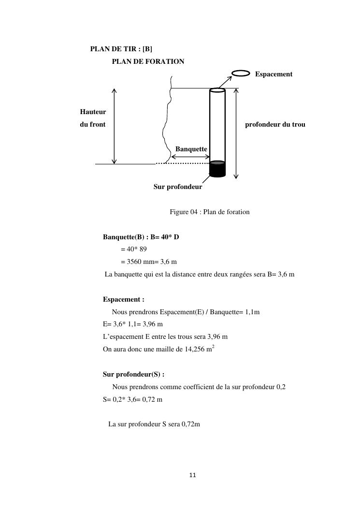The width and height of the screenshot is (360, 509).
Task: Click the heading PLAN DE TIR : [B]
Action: tap(121, 49)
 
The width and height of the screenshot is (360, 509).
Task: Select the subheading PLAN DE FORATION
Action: tap(148, 62)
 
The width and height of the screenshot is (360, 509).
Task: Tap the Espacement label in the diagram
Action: tap(274, 74)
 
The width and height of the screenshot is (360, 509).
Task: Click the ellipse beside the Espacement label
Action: tap(241, 73)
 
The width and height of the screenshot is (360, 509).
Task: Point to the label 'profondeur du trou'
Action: tap(275, 125)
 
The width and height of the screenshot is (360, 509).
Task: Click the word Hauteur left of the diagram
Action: tap(93, 112)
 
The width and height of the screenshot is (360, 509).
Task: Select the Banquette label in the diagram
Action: tap(191, 149)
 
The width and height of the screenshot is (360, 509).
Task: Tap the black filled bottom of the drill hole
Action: tap(217, 170)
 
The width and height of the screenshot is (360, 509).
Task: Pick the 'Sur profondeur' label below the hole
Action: tap(178, 187)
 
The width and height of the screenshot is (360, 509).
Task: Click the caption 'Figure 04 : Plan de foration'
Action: tap(209, 212)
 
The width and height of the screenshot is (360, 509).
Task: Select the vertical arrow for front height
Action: tap(115, 126)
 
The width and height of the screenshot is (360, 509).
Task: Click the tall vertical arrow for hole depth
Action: tap(236, 133)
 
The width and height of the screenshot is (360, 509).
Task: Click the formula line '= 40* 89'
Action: tap(134, 249)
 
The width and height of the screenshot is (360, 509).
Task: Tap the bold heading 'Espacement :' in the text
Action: tap(124, 300)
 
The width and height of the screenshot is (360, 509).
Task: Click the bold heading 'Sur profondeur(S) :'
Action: tap(133, 375)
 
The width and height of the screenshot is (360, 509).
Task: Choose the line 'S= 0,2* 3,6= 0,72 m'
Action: tap(132, 400)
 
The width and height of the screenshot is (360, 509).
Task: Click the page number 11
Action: tap(193, 476)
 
